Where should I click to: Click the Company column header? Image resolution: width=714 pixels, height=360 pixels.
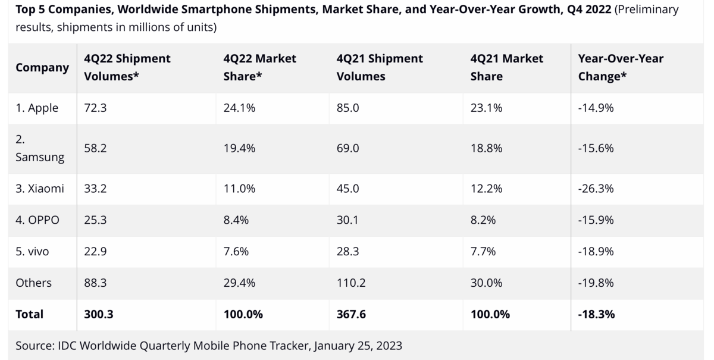(x=42, y=67)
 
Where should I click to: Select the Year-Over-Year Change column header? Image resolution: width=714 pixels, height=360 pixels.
(x=620, y=67)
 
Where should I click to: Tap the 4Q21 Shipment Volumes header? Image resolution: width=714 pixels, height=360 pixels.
(x=380, y=67)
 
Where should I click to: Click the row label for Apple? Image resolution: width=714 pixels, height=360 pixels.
(x=37, y=108)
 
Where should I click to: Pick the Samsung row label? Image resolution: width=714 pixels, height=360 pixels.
(x=39, y=148)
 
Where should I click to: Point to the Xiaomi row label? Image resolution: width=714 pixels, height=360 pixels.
(x=40, y=189)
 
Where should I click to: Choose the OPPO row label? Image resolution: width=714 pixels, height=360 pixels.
(x=37, y=220)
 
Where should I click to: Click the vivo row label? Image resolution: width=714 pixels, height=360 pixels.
(x=32, y=252)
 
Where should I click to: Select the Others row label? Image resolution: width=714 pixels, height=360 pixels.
(x=33, y=283)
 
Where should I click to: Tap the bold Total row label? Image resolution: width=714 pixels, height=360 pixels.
(x=29, y=314)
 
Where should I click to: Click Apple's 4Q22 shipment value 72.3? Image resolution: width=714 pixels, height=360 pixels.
(x=95, y=108)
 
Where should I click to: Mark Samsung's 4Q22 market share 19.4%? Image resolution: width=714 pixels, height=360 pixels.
(x=239, y=148)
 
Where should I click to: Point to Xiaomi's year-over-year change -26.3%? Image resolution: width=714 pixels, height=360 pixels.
(x=596, y=189)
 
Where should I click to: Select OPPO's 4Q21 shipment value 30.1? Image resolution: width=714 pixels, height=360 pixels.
(x=347, y=220)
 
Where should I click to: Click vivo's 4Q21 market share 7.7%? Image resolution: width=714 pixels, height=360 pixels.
(x=483, y=252)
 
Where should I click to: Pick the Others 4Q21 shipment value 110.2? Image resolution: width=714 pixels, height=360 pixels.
(x=351, y=283)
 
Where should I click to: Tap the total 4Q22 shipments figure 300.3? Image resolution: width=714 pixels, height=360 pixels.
(x=99, y=314)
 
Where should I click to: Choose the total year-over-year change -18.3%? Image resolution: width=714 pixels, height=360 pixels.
(x=596, y=314)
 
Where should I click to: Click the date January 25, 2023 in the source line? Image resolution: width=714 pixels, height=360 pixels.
(x=358, y=346)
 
